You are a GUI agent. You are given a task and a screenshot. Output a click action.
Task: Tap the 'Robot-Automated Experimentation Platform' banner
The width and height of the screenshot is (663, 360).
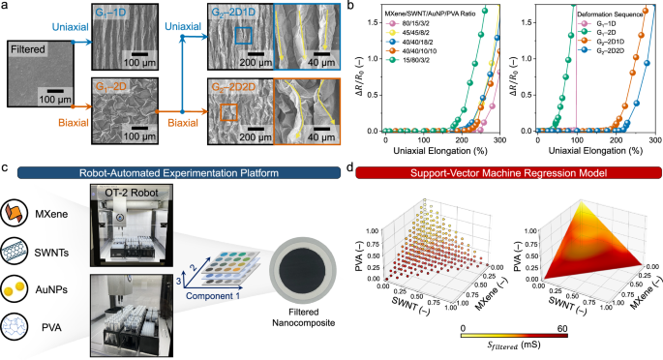pos(178,174)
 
